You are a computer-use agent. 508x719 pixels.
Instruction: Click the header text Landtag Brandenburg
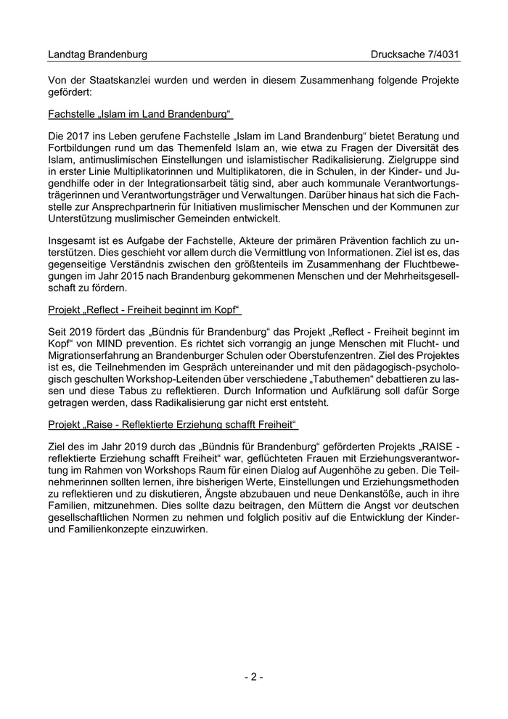click(97, 54)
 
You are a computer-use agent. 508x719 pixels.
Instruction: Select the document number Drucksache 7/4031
click(414, 54)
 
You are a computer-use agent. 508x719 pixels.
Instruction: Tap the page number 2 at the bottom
click(253, 677)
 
